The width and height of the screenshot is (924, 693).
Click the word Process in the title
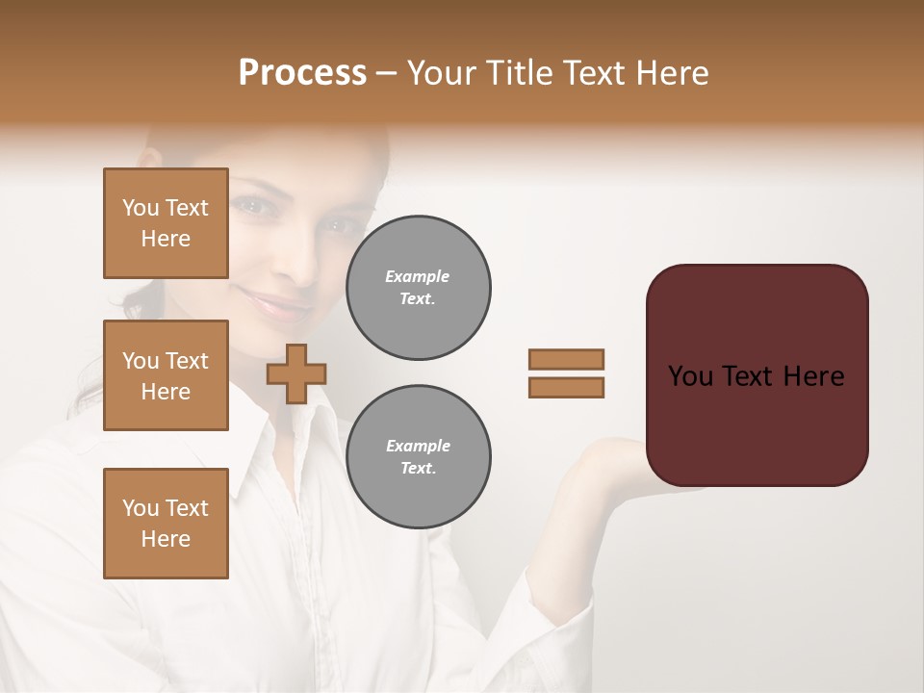coord(302,73)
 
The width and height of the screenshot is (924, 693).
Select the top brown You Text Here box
coord(166,223)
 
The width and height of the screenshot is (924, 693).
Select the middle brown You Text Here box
coord(166,375)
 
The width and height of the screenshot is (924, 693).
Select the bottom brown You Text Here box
coord(166,524)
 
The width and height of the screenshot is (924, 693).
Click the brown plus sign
coord(296,373)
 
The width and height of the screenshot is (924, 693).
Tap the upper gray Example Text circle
coord(419,288)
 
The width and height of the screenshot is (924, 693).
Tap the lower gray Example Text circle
coord(419,457)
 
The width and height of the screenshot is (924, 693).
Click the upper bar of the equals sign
coord(567,359)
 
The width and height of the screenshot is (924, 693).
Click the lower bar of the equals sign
coord(567,387)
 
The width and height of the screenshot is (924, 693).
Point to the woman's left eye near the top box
coord(251,206)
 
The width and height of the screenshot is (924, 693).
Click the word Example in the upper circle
coord(418,276)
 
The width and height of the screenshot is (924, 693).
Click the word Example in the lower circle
coord(418,446)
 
